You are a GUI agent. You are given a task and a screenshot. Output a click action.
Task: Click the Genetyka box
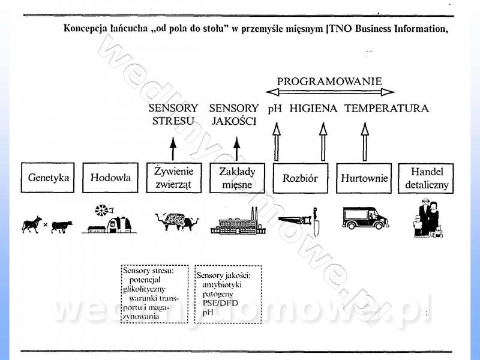pos(49,178)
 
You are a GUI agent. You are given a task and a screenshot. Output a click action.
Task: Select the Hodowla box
pos(110,178)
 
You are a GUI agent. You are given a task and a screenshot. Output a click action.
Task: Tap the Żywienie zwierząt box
pos(173,178)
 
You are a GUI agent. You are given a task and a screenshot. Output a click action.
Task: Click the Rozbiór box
pos(299,178)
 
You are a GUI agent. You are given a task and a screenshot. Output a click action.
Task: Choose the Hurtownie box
pos(364,178)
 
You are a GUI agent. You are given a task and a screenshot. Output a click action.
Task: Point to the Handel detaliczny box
pos(427,178)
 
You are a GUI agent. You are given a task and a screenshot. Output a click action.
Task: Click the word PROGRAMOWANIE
pos(329,80)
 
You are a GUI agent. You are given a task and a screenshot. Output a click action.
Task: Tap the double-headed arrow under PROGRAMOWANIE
pos(330,92)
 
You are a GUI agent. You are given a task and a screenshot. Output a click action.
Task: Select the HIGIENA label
pos(313,109)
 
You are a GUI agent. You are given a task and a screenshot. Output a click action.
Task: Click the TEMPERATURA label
pos(386,109)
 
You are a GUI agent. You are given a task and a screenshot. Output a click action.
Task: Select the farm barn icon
pos(110,220)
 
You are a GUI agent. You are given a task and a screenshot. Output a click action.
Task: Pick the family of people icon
pos(427,219)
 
